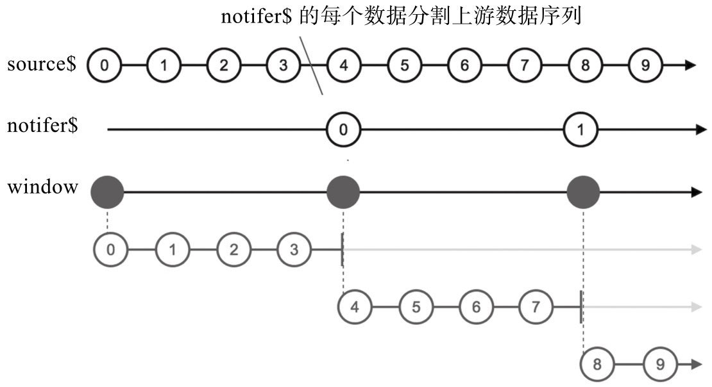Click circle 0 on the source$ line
click(104, 65)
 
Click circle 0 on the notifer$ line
click(344, 129)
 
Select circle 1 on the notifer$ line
click(581, 129)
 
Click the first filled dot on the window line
click(107, 192)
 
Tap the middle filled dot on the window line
click(343, 192)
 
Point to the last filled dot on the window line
click(583, 192)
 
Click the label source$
click(42, 65)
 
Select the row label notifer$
click(42, 126)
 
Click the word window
click(42, 188)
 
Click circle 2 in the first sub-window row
click(233, 249)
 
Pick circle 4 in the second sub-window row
click(355, 308)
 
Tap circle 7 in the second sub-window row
click(536, 308)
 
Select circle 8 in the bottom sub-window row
click(597, 365)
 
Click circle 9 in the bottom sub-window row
click(660, 365)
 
